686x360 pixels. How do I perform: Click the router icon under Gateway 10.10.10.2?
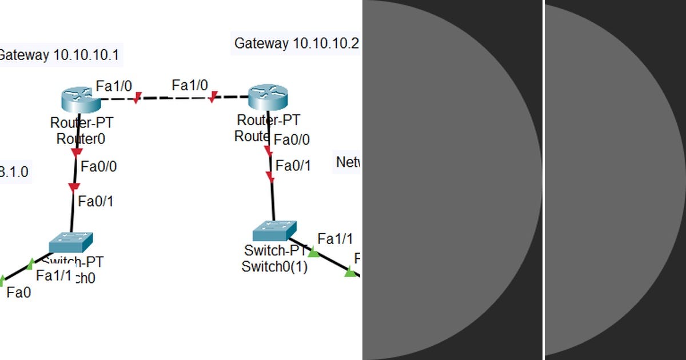[268, 97]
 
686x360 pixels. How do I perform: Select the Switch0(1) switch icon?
[273, 230]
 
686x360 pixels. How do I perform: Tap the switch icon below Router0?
[70, 242]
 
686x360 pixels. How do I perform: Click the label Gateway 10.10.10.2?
[296, 43]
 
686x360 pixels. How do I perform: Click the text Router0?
[81, 138]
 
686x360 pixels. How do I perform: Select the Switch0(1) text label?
[274, 266]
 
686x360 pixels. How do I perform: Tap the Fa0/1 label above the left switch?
[95, 201]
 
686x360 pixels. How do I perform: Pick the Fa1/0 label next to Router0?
[114, 86]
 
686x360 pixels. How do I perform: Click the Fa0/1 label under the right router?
[293, 166]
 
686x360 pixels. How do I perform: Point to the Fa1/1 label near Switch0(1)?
[335, 238]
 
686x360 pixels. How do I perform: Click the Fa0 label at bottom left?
[18, 293]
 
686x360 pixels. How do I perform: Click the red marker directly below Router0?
[76, 153]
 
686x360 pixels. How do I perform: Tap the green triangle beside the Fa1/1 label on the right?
[313, 251]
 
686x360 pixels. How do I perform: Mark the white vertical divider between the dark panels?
[543, 180]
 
